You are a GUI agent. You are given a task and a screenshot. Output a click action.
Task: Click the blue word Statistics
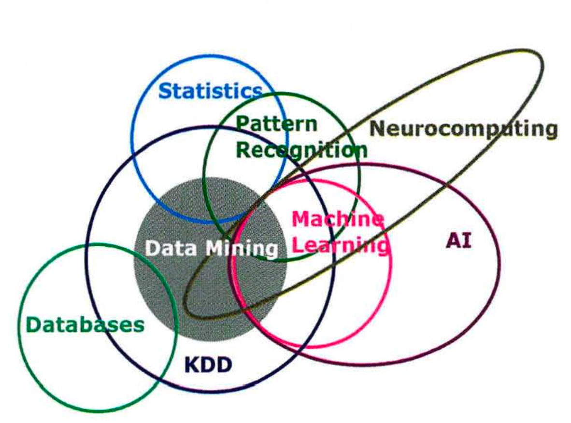point(211,90)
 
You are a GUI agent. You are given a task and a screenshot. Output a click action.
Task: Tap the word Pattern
point(276,124)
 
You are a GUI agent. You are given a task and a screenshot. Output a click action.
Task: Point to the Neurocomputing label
point(463,129)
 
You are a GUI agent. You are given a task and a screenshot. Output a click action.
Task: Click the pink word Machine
point(337,220)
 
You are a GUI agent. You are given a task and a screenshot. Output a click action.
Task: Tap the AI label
point(458,240)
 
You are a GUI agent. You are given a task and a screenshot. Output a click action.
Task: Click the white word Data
point(171,249)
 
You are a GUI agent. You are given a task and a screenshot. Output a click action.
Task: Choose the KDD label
point(208,365)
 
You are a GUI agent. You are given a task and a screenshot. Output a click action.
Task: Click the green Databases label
point(85,324)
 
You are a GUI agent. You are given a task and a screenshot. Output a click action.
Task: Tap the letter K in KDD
point(192,365)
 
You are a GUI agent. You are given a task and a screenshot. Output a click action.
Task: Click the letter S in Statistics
point(166,91)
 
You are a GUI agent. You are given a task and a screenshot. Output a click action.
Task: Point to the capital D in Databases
point(33,324)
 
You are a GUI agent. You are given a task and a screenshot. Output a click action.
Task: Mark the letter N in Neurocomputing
point(377,129)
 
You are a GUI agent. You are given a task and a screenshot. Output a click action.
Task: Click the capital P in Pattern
point(242,124)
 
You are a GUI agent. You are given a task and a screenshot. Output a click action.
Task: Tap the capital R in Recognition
point(243,150)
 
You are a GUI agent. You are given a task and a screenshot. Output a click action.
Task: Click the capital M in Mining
point(214,249)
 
